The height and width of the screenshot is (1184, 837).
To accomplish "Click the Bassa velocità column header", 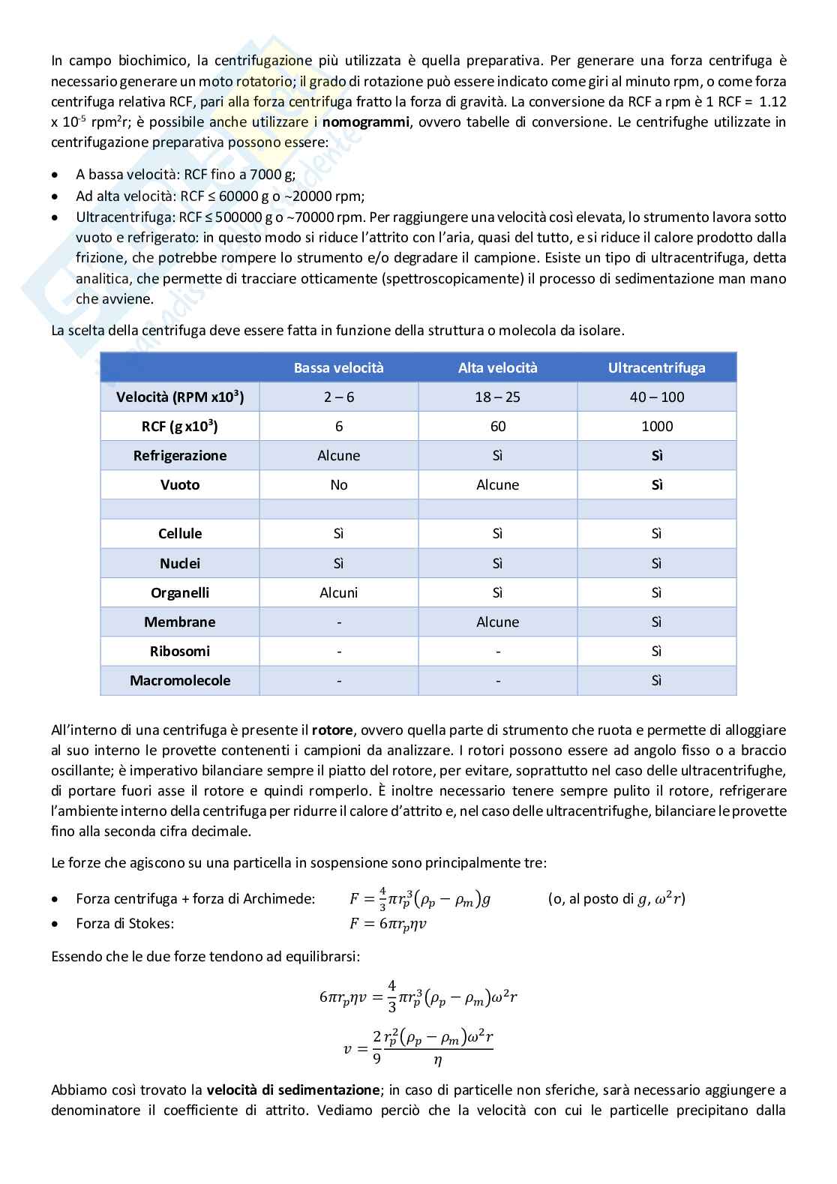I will click(338, 367).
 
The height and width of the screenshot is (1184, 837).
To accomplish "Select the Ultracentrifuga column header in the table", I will click(656, 367).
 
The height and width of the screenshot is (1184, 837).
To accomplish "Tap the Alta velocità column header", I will click(497, 367).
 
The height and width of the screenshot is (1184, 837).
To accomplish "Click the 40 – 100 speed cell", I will click(656, 397).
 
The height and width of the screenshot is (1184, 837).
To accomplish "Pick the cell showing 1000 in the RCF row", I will click(656, 426).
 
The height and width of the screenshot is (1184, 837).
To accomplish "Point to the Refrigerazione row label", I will click(180, 455).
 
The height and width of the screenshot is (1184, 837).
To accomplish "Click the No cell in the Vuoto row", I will click(338, 484).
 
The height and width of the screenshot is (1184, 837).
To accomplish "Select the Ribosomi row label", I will click(180, 651).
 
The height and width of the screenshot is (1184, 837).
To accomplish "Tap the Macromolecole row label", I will click(180, 680).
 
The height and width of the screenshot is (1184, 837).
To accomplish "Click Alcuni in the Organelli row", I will click(338, 592).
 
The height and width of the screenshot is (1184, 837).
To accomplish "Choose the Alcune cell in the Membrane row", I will click(497, 622).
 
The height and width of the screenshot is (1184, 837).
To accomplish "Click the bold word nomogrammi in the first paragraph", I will click(365, 121).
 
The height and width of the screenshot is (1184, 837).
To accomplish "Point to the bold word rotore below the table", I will click(331, 730).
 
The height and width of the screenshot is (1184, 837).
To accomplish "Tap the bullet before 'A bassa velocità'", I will click(57, 175).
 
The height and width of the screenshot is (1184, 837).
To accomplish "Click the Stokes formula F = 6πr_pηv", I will click(388, 924).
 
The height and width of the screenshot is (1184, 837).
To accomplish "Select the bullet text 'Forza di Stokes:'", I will click(124, 923).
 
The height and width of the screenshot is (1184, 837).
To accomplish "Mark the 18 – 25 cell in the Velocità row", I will click(497, 397).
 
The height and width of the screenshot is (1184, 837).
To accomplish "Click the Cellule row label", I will click(180, 533).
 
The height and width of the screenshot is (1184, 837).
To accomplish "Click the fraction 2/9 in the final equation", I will click(376, 1048).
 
